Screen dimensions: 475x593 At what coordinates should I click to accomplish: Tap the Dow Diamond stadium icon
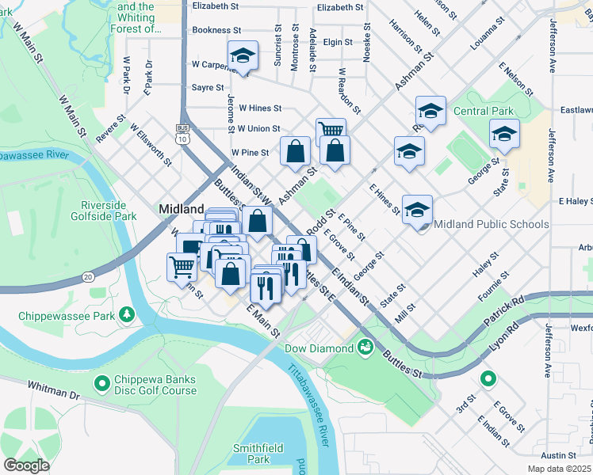tap(365, 347)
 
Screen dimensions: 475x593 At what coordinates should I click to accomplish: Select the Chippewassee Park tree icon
tap(126, 315)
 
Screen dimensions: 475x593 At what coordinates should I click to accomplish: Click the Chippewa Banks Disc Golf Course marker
tap(101, 384)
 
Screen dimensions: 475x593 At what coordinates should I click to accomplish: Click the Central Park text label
tap(483, 112)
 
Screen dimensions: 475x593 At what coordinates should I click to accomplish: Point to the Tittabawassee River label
tap(308, 403)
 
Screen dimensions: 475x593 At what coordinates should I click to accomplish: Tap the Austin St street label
tap(559, 455)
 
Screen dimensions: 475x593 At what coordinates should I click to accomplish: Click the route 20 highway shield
tap(87, 276)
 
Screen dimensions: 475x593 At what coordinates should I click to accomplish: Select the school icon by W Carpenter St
tap(242, 55)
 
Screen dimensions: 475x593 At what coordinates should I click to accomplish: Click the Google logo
tap(26, 465)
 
